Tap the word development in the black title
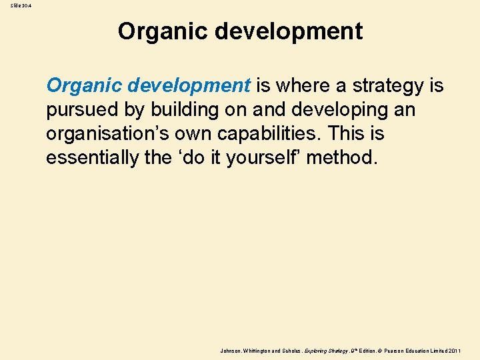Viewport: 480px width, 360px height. [284, 31]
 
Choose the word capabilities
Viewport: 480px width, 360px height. [274, 134]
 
